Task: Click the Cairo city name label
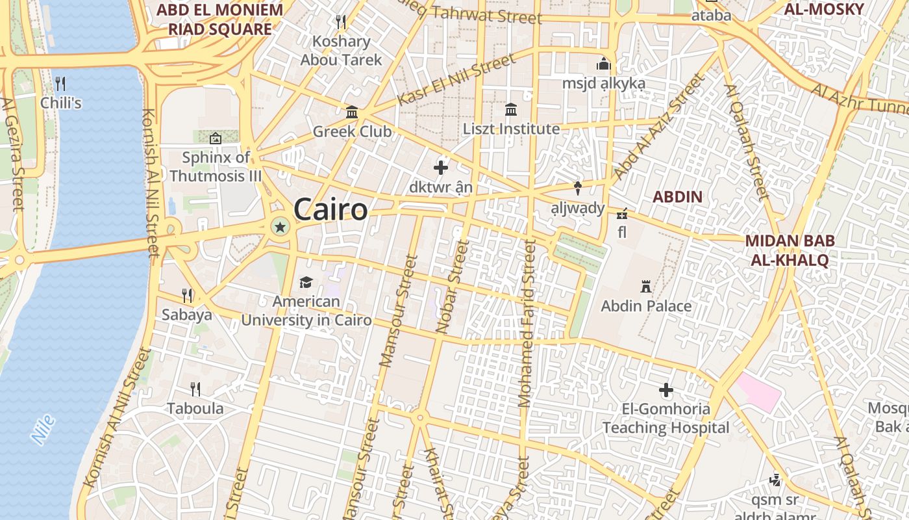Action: tap(330, 210)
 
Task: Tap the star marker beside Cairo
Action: tap(280, 227)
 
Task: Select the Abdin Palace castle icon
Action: tap(646, 287)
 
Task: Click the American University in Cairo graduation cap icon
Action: tap(306, 282)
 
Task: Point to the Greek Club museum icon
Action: tap(352, 112)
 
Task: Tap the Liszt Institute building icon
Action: tap(511, 109)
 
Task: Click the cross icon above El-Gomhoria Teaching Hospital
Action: tap(666, 390)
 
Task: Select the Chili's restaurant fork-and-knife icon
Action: tap(60, 83)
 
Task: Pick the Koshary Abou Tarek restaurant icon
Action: tap(341, 22)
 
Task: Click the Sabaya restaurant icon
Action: tap(187, 296)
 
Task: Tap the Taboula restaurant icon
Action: tap(195, 389)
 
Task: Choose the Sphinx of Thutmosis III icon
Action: tap(216, 138)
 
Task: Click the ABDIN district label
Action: tap(677, 196)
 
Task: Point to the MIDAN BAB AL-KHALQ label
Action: tap(790, 250)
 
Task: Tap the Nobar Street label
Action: tap(453, 287)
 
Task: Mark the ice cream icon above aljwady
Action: tap(577, 188)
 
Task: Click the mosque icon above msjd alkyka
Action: tap(604, 64)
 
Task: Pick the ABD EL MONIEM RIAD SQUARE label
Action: tap(220, 19)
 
